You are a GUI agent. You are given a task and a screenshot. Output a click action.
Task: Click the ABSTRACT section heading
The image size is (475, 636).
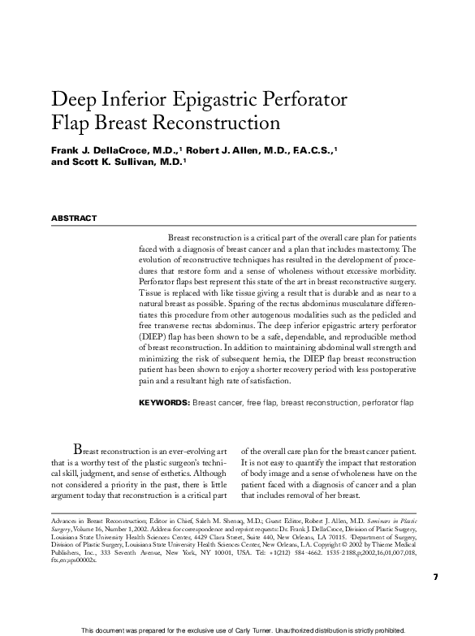click(74, 218)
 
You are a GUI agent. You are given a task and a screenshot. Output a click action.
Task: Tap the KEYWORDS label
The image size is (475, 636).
click(164, 402)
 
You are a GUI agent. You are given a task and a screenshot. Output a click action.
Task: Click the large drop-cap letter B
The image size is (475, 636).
click(78, 449)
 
